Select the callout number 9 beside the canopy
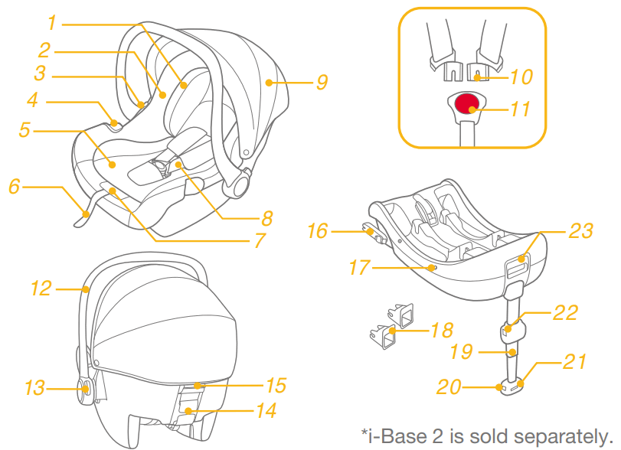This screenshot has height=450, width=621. [322, 81]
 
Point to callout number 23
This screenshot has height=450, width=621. [581, 230]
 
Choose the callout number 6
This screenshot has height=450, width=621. [14, 186]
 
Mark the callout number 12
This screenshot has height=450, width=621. [41, 289]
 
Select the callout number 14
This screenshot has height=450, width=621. [265, 411]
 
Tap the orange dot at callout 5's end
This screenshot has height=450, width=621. [112, 164]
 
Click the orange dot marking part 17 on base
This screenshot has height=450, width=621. [433, 267]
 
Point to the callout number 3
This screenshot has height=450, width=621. [40, 73]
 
